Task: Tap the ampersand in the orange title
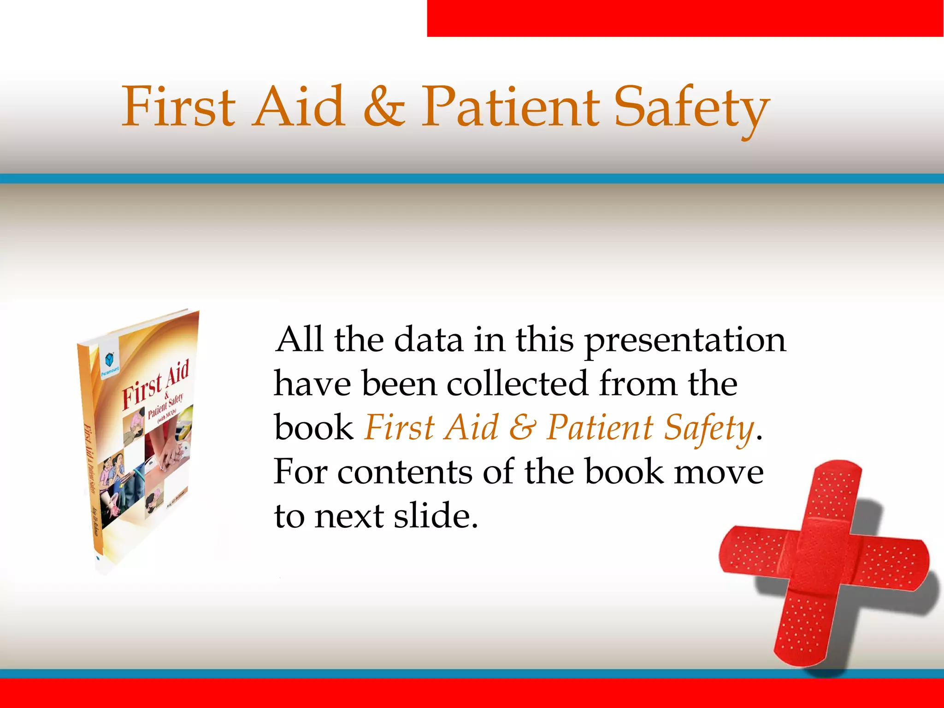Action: click(x=384, y=108)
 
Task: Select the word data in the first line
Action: click(x=428, y=340)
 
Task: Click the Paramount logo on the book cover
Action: click(x=110, y=362)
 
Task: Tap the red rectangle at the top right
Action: click(x=685, y=18)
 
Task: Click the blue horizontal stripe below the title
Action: click(x=472, y=179)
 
